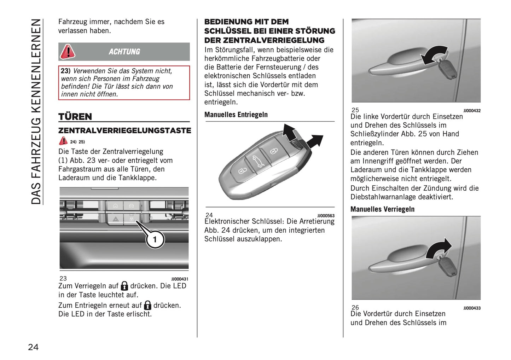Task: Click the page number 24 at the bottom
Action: (x=33, y=347)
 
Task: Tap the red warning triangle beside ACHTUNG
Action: (x=67, y=52)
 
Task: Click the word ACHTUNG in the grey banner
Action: (x=124, y=52)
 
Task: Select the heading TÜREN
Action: (x=75, y=116)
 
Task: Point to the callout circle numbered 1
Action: (x=155, y=239)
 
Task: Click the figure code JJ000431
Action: (x=180, y=279)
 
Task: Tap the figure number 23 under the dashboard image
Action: (x=63, y=278)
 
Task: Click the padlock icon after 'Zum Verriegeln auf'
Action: (x=124, y=286)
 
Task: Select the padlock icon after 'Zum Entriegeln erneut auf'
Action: (x=147, y=305)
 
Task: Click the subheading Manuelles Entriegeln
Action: (x=236, y=115)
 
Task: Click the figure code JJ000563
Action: (x=326, y=216)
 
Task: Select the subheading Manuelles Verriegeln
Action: (x=382, y=209)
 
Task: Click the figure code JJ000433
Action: (x=472, y=308)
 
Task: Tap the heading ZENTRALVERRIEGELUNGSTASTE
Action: (x=124, y=130)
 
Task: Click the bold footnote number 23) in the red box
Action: (x=66, y=71)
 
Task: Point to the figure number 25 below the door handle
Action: (x=355, y=110)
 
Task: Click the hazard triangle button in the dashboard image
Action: (x=116, y=219)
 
